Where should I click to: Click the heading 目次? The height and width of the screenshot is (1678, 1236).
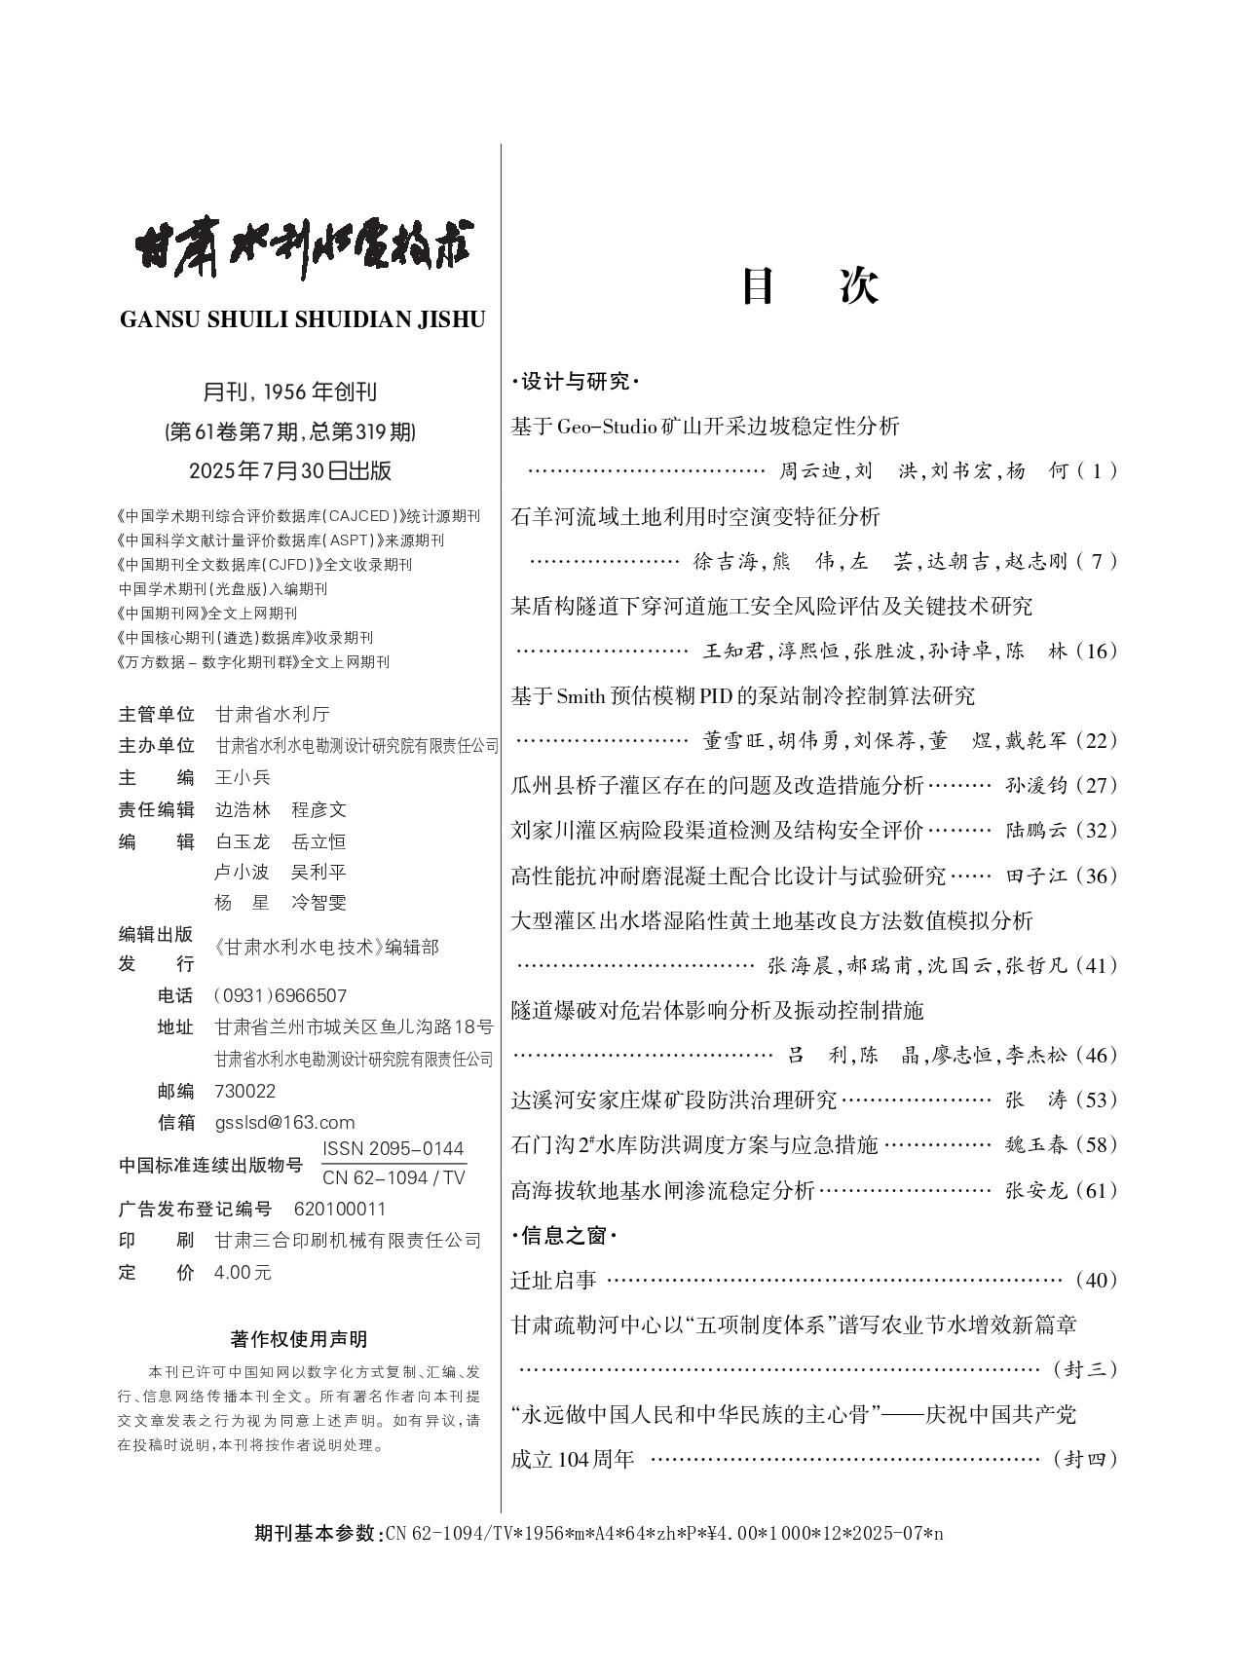(810, 286)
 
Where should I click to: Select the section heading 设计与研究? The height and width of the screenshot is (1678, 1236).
(575, 382)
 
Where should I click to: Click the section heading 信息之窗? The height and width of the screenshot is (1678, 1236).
(564, 1236)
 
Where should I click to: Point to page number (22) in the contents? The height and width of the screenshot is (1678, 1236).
(1097, 740)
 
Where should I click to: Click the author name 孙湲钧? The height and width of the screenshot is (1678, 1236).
(1036, 786)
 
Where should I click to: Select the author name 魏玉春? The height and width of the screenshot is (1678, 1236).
(1036, 1145)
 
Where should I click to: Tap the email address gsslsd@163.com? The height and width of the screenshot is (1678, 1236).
(284, 1122)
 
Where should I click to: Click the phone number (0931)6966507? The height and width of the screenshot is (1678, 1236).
(280, 995)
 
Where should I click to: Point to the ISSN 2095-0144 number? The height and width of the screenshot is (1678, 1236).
(393, 1148)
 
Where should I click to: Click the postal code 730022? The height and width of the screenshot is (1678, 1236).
(244, 1091)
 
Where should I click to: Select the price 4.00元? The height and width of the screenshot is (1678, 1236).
(243, 1272)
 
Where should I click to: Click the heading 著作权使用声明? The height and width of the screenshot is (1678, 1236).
(299, 1339)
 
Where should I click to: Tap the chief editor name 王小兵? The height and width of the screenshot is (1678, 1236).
(243, 777)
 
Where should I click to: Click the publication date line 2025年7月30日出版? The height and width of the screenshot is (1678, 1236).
(290, 470)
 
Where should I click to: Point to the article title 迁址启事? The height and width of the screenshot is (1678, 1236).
(553, 1280)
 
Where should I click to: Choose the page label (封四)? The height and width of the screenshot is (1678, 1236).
(1085, 1459)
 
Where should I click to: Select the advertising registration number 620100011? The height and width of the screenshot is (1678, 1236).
(340, 1209)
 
